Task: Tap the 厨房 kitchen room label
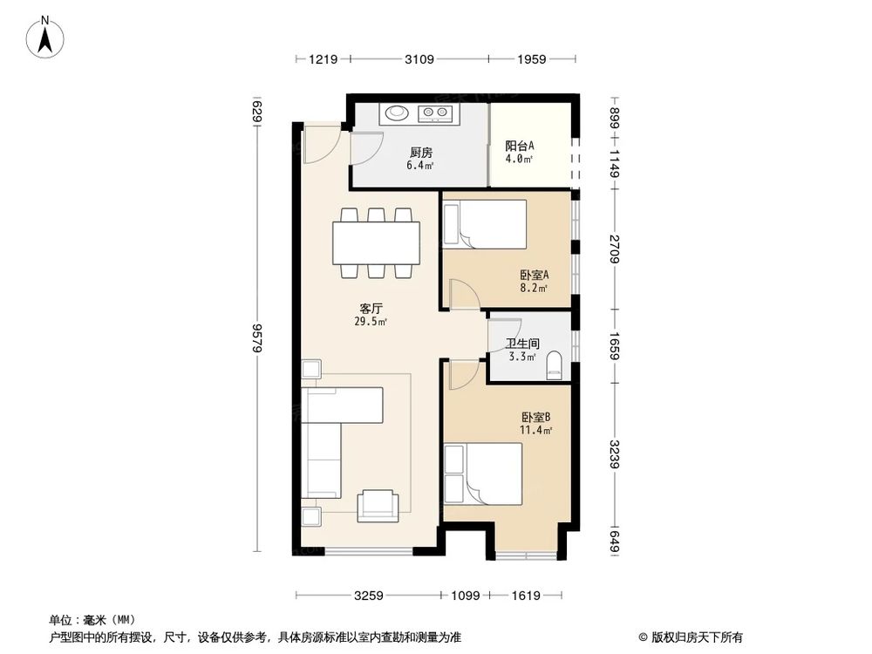421,152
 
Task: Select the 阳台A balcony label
520,146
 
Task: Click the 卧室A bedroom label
533,275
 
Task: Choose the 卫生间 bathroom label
522,344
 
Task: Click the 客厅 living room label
372,309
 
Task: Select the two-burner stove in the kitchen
435,112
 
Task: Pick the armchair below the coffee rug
380,503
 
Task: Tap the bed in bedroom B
482,473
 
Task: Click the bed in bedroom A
484,223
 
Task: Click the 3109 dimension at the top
419,59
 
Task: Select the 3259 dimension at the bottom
368,596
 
